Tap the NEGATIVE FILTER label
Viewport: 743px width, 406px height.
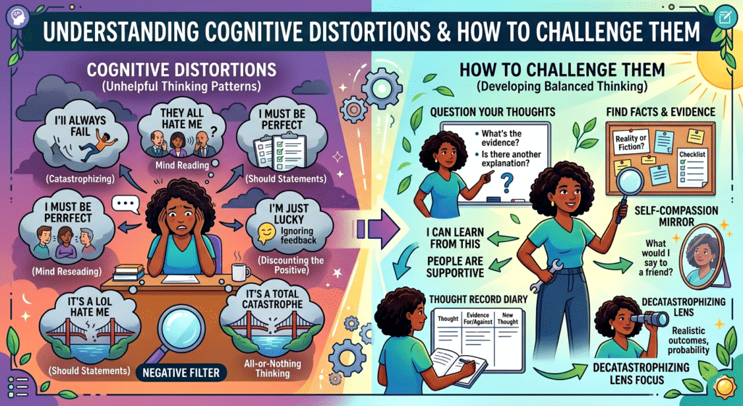(x=178, y=375)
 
